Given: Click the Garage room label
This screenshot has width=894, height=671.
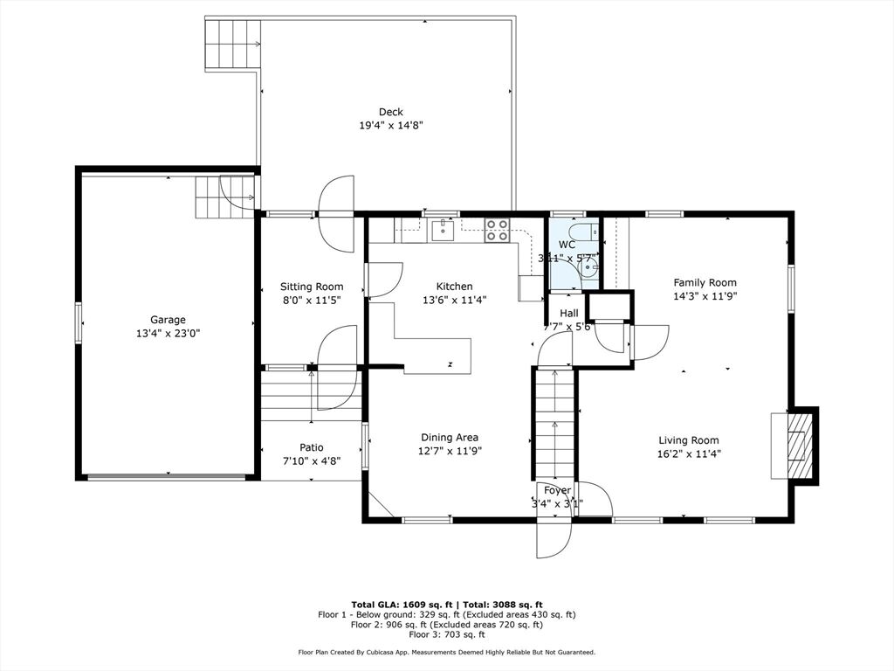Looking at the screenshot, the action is tap(168, 320).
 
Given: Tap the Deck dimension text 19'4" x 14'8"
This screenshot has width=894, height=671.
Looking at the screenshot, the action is tap(390, 126).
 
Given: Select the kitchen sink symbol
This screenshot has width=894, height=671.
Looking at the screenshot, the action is tap(443, 231).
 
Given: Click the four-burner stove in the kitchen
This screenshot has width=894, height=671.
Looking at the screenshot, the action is tap(496, 230).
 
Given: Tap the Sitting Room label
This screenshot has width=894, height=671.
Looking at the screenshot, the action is tap(312, 287).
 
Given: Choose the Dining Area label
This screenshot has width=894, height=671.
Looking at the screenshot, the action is tap(450, 438).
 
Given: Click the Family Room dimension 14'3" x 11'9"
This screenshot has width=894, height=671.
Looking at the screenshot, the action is tap(705, 296).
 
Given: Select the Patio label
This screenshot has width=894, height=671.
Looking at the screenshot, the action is tap(312, 448).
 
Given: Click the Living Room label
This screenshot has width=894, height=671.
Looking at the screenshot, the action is tap(689, 440).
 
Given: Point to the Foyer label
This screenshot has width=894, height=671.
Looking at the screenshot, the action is tap(557, 491).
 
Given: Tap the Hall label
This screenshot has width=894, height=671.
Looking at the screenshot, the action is tap(569, 314).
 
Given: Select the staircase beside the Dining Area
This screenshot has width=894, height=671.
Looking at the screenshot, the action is tap(554, 425).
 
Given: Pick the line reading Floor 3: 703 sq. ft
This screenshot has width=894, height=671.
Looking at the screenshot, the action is tap(447, 634).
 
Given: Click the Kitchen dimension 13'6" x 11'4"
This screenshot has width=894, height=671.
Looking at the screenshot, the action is tap(454, 301).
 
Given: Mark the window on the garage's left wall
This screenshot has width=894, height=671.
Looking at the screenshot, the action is tap(78, 323).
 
